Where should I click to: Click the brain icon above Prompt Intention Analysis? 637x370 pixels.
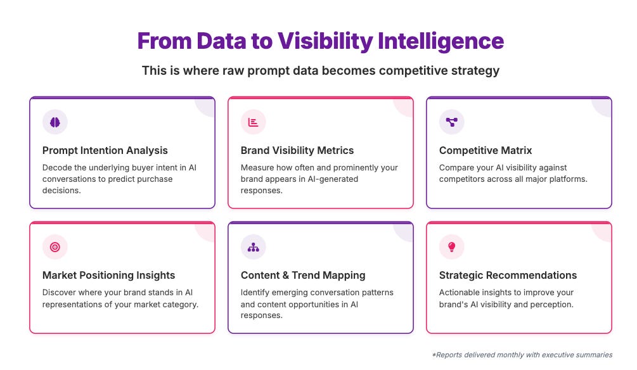coord(55,122)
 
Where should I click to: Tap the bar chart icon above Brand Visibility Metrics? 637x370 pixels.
coord(253,122)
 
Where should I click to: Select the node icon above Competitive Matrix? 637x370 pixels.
coord(451,122)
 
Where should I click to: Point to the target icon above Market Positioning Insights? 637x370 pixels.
coord(55,247)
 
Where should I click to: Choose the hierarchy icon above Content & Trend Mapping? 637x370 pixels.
coord(253,247)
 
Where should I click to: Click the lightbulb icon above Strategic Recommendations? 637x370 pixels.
coord(451,247)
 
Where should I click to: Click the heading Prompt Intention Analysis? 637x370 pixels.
coord(105,151)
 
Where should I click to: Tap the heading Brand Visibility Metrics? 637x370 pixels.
coord(297,151)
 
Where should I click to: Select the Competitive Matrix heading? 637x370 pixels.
coord(486,151)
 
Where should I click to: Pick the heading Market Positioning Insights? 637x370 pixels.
coord(108,276)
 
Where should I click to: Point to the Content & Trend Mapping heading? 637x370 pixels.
coord(303,276)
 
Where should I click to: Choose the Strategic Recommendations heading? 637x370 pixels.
coord(508,276)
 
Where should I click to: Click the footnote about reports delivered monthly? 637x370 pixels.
coord(522,355)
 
